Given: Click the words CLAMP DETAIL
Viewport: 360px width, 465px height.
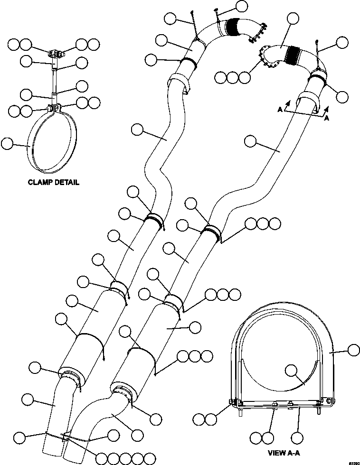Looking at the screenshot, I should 53,182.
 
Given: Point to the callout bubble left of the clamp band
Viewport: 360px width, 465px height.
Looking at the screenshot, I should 8,143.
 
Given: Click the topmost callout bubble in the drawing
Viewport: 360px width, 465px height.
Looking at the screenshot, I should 241,6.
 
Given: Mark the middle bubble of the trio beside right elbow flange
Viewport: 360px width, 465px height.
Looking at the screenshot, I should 232,76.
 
